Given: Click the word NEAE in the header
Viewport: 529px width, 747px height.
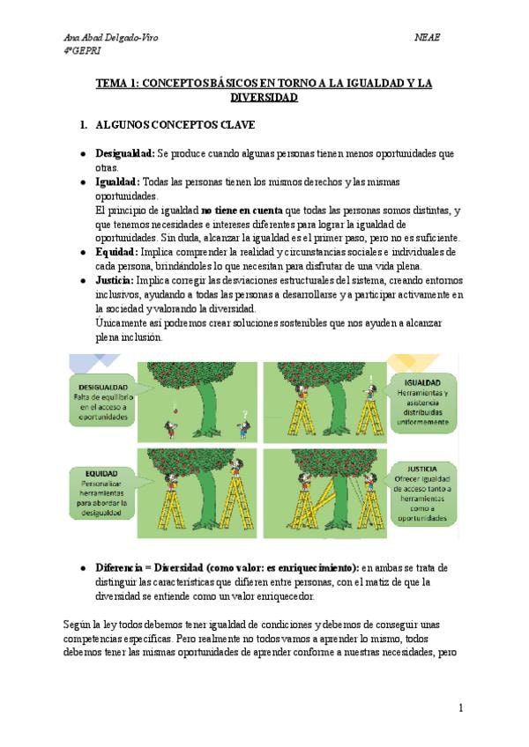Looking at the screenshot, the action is click(x=427, y=37).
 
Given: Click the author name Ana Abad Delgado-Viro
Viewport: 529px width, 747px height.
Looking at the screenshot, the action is click(x=111, y=37).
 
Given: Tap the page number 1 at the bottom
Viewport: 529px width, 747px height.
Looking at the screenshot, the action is click(x=461, y=708).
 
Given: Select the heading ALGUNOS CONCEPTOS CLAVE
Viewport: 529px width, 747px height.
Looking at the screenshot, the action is click(x=175, y=125).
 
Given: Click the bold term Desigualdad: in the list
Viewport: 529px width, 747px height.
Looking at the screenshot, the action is click(x=125, y=154).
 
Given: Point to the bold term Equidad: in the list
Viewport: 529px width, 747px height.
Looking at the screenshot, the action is click(x=117, y=252).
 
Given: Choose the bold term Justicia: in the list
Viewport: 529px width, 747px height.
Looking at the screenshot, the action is click(x=115, y=281).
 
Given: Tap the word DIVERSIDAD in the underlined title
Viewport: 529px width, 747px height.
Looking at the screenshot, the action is click(x=264, y=98).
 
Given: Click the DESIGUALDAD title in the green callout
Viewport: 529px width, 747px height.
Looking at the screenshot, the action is click(x=103, y=387).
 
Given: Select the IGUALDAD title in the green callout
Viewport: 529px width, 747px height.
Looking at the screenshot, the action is click(x=422, y=382).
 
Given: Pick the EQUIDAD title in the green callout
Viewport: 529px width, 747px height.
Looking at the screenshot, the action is click(x=101, y=474).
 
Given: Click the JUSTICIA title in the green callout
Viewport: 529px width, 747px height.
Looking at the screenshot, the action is click(x=421, y=469).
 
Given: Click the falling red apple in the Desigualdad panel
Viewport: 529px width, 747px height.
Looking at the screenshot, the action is click(x=175, y=410).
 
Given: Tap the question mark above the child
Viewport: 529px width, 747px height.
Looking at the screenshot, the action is click(x=245, y=414).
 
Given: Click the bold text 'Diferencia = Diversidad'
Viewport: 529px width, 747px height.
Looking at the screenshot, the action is click(x=149, y=568).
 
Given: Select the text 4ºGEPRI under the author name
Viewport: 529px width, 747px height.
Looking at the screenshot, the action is click(x=82, y=51).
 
